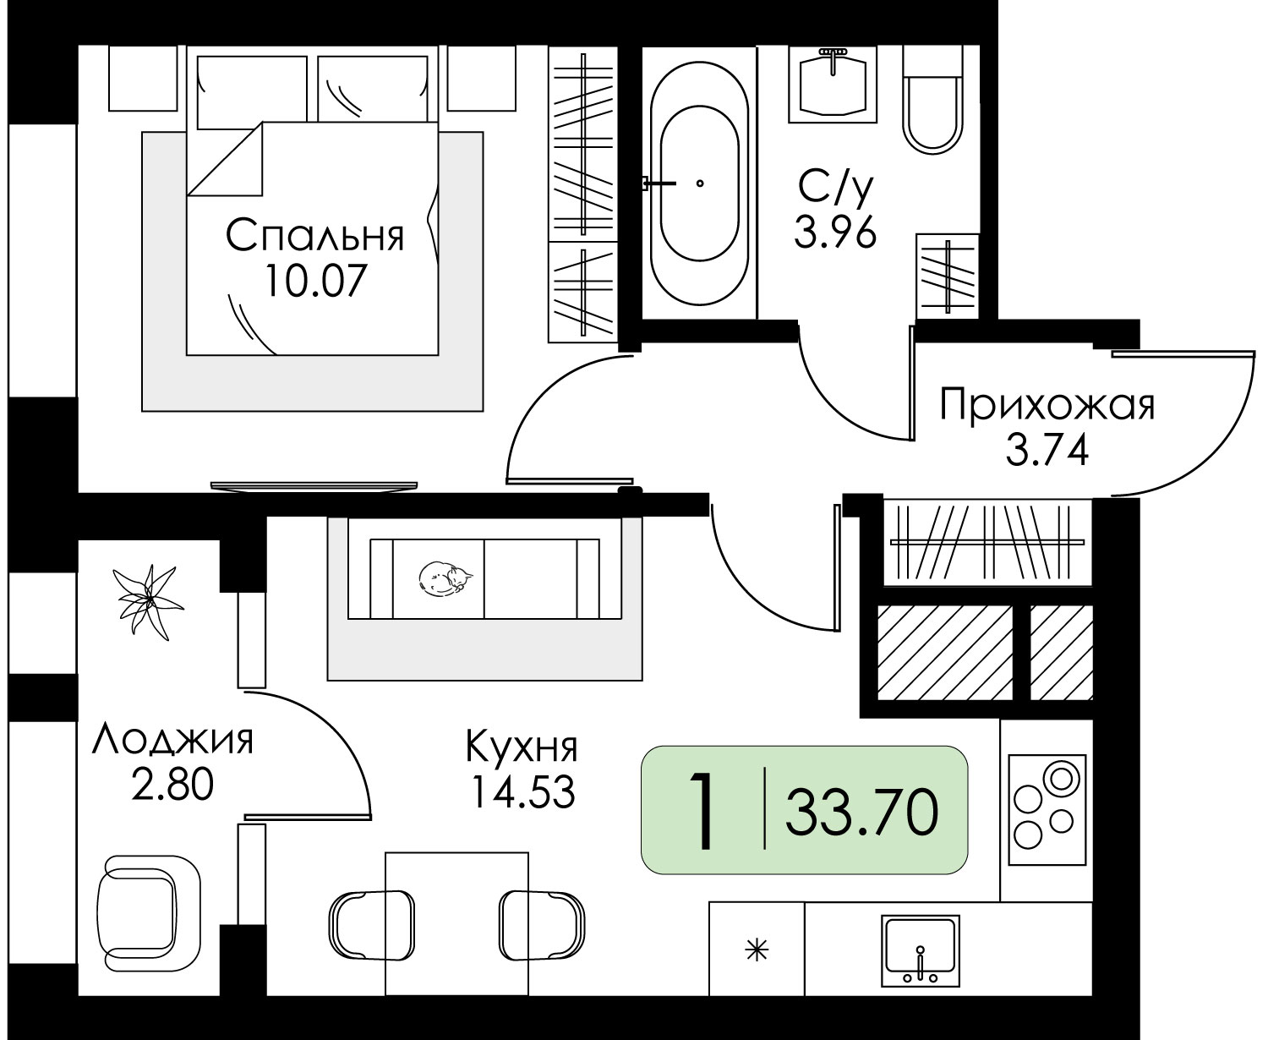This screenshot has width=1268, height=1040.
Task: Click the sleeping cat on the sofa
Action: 445,578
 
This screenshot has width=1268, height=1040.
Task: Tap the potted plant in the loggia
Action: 148,602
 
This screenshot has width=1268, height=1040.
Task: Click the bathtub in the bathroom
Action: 699,183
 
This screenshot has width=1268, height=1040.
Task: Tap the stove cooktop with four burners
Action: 1047,810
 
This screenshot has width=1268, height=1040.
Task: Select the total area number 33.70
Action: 861,813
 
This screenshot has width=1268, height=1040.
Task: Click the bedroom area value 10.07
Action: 314,281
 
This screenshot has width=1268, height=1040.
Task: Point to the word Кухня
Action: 522,747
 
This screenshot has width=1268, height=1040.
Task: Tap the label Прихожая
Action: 1047,406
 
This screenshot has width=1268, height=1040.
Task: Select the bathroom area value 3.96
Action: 834,233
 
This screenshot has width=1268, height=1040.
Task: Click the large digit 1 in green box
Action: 701,812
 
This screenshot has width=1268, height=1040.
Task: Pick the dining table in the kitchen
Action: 457,923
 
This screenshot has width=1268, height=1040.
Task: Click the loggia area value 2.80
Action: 172,785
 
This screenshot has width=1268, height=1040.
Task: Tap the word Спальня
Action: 314,236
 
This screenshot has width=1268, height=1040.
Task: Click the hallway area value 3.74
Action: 1047,452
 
